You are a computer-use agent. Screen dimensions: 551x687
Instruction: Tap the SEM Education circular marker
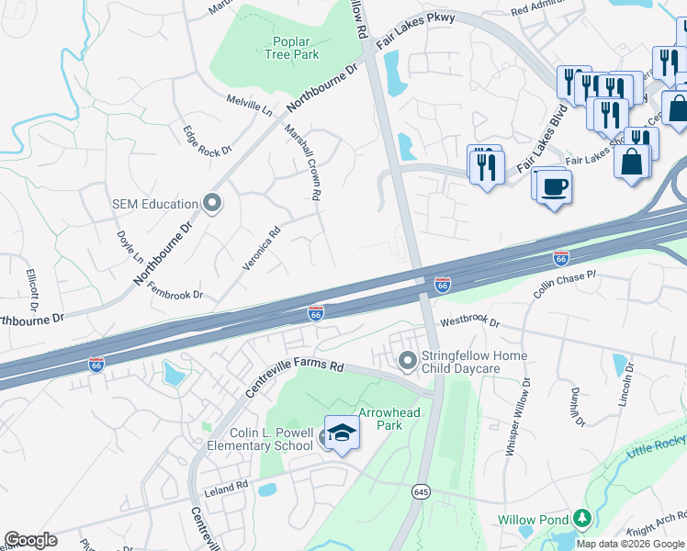pos(213,203)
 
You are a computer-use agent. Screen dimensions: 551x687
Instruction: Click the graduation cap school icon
pos(342,433)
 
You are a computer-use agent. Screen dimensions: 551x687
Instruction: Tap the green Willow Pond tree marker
pos(581,519)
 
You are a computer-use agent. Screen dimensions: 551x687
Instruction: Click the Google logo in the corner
pos(30,540)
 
